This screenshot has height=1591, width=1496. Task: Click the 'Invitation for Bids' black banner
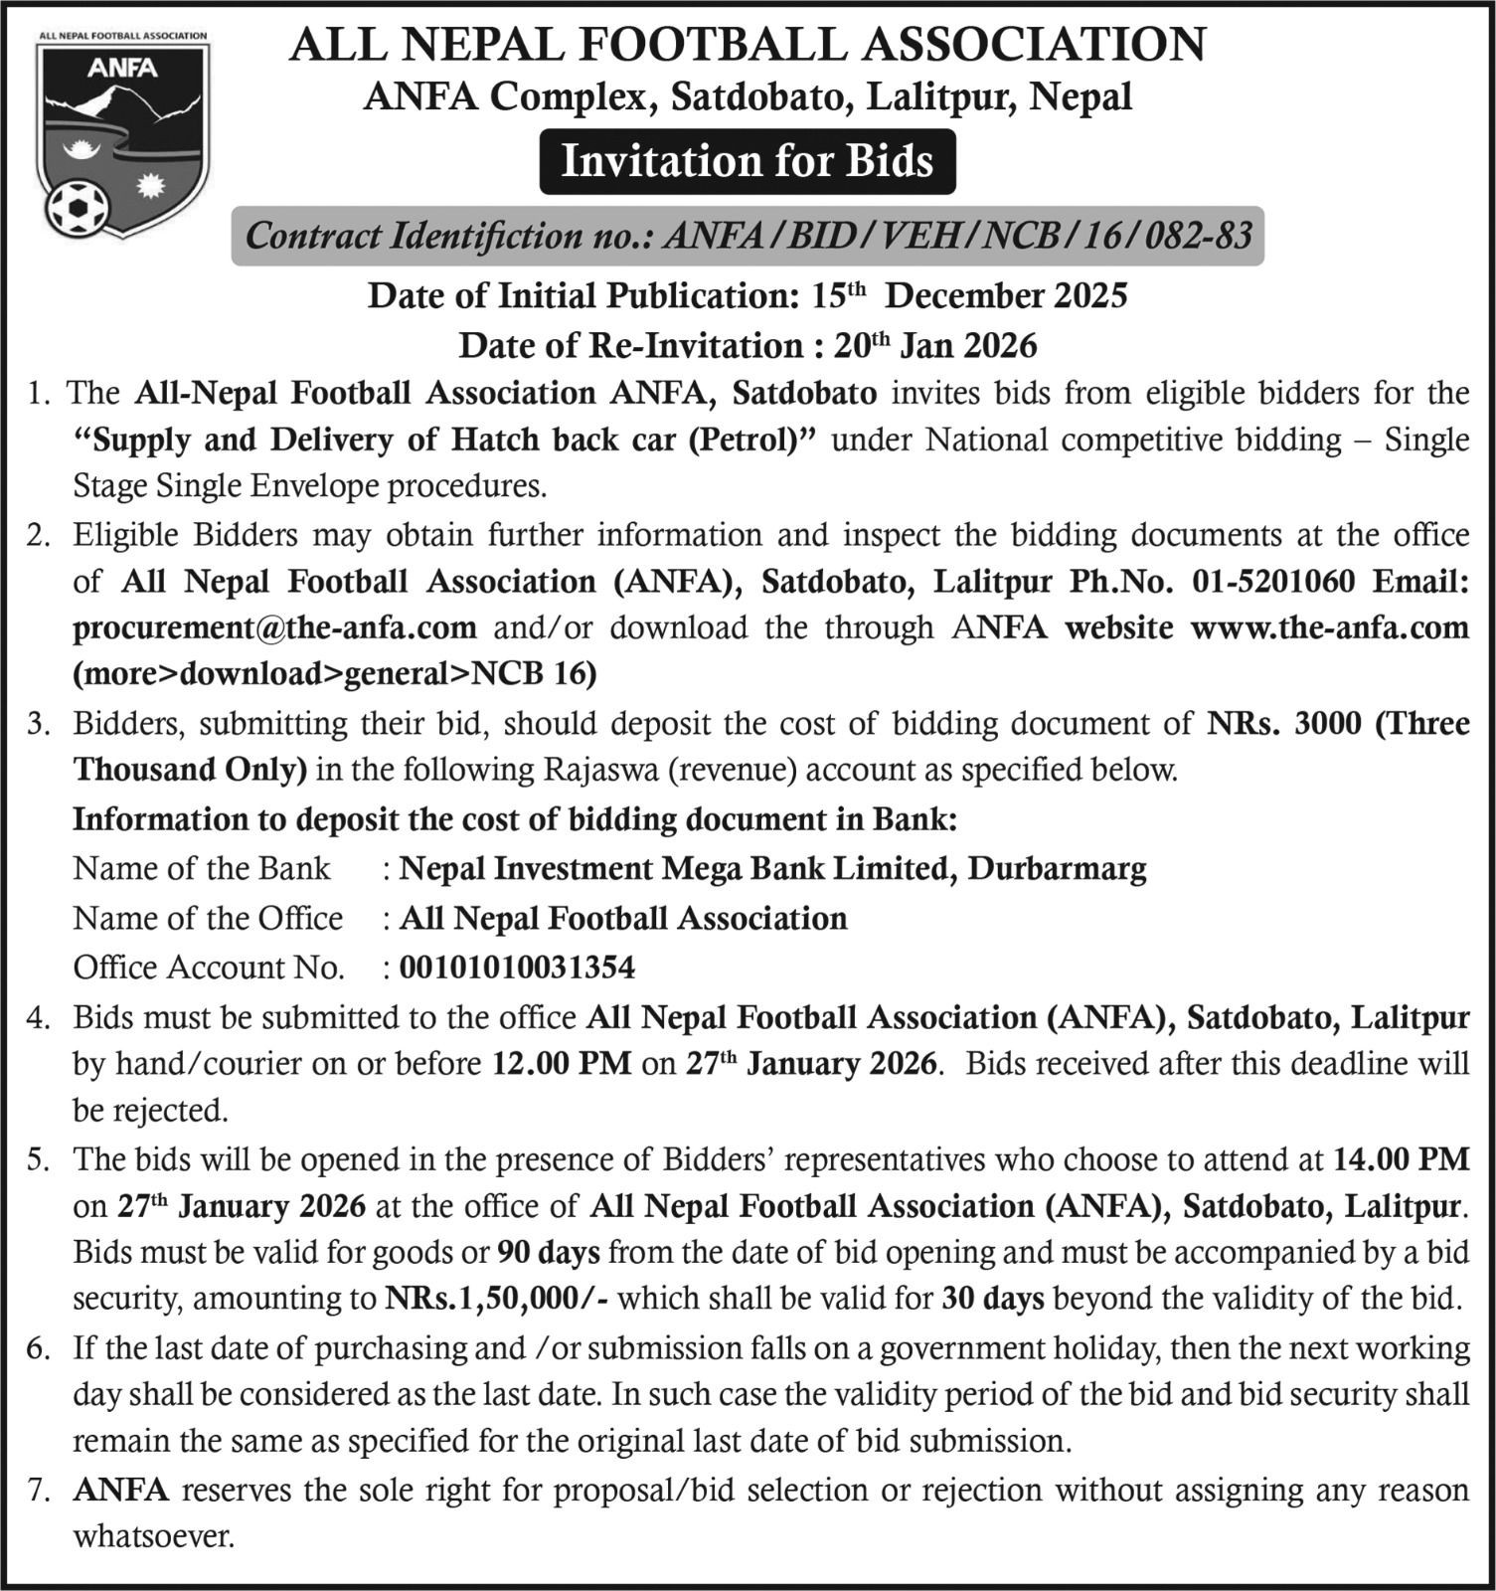(748, 161)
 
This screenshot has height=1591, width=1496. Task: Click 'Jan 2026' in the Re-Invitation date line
(968, 346)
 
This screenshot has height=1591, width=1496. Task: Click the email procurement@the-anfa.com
(274, 628)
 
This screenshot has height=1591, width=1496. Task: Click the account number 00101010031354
(517, 968)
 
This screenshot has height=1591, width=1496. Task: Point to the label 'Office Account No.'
(209, 968)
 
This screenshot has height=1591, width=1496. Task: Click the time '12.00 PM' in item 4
(563, 1064)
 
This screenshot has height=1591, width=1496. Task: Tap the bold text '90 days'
(549, 1252)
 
